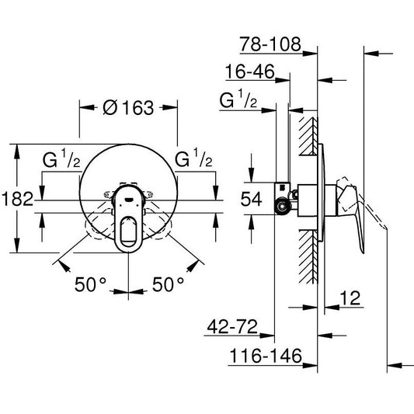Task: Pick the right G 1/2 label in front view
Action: tap(194, 161)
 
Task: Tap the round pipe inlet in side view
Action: tap(281, 205)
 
